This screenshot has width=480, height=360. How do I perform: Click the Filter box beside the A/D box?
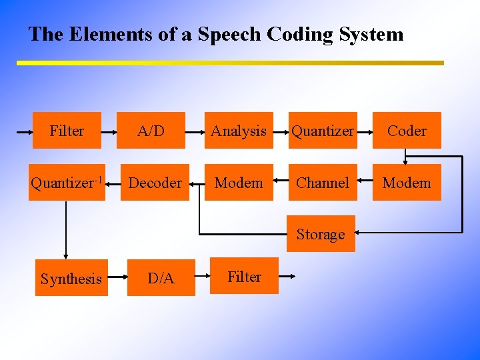click(x=67, y=130)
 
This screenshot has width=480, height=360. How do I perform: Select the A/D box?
click(x=151, y=130)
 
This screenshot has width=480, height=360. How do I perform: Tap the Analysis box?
click(x=239, y=130)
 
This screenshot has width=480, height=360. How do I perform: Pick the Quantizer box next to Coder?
click(x=323, y=130)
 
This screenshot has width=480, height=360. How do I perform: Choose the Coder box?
click(x=407, y=130)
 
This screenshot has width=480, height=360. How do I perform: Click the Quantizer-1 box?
click(x=66, y=182)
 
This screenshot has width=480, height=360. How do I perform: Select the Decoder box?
click(x=155, y=182)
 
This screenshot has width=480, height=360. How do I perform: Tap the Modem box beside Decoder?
click(x=239, y=182)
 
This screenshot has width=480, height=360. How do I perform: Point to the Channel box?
click(x=323, y=182)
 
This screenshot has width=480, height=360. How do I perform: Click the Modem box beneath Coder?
click(x=407, y=182)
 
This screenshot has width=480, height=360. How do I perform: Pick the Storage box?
click(x=321, y=234)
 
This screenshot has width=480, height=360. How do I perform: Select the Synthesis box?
click(x=71, y=278)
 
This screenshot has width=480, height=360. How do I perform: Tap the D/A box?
click(x=161, y=278)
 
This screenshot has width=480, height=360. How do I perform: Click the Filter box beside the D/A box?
click(x=245, y=276)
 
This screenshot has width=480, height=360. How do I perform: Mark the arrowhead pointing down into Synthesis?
click(x=65, y=255)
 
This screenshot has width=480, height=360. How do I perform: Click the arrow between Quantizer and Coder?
click(x=365, y=131)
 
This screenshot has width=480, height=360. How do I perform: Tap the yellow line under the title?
click(x=230, y=63)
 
